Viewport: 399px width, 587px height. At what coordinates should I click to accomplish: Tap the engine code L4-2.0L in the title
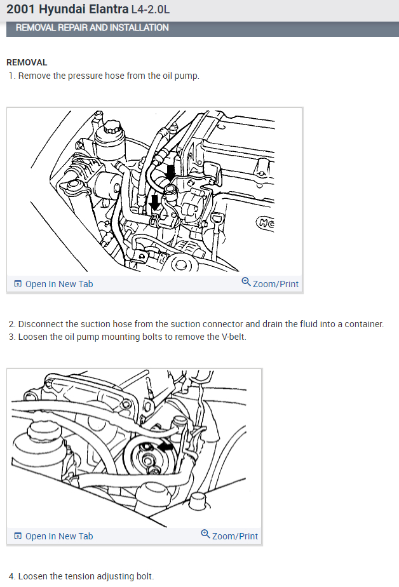coord(150,10)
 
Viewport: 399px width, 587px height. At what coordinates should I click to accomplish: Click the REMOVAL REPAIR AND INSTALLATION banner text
coord(92,28)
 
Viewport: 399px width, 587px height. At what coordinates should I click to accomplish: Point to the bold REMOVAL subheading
coord(27,62)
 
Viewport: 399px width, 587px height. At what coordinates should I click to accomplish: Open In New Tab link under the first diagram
coord(58,284)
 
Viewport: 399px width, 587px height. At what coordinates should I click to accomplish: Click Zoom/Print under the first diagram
coord(275,284)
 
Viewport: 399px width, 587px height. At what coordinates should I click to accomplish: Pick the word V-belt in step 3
coord(231,337)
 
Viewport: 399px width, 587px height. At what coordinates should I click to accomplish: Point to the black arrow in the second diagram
coord(166,447)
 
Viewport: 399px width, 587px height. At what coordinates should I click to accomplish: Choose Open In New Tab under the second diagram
coord(58,536)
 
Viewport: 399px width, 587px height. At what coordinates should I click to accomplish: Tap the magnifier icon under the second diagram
coord(205,534)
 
